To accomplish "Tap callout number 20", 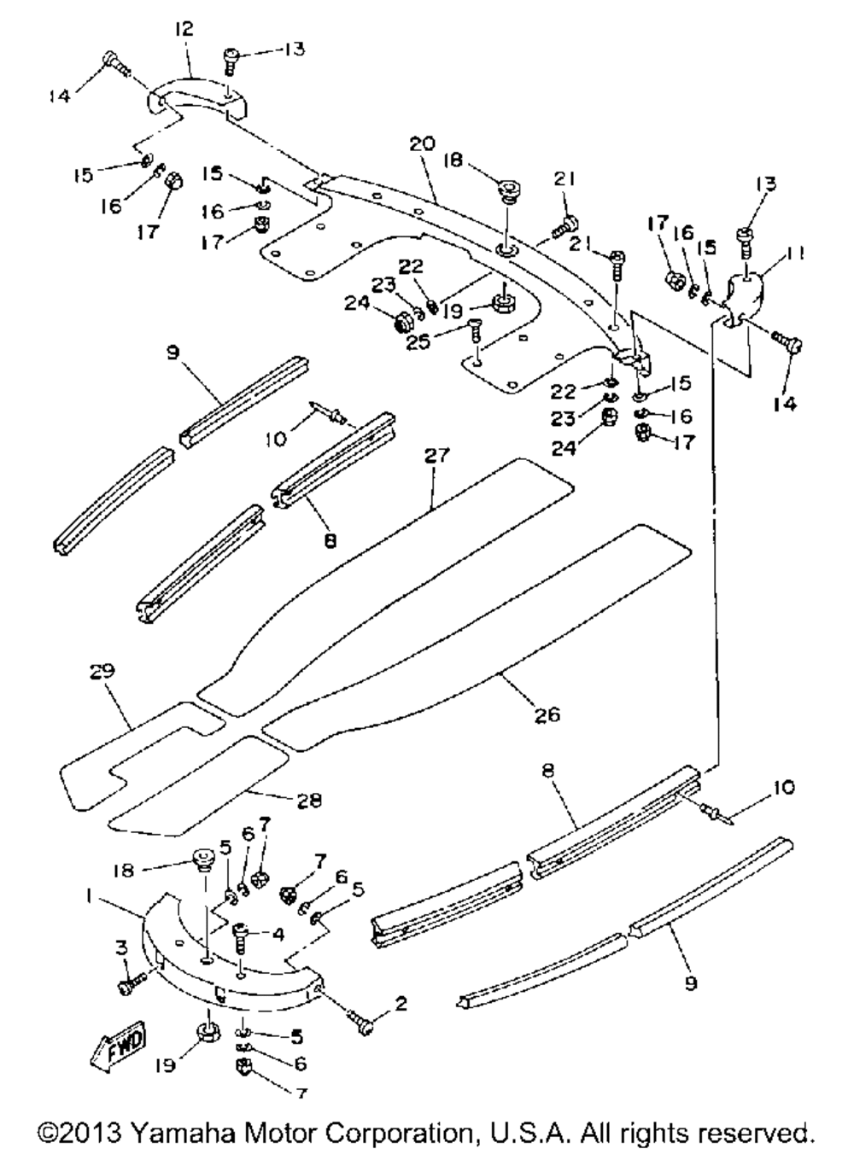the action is click(422, 144).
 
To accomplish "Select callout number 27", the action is click(436, 457).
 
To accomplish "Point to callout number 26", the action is click(547, 715).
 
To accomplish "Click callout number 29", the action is click(102, 672).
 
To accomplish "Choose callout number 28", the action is click(309, 801).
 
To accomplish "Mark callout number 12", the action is click(184, 29).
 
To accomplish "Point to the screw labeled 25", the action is click(476, 330).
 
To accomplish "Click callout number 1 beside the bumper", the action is click(90, 898).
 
